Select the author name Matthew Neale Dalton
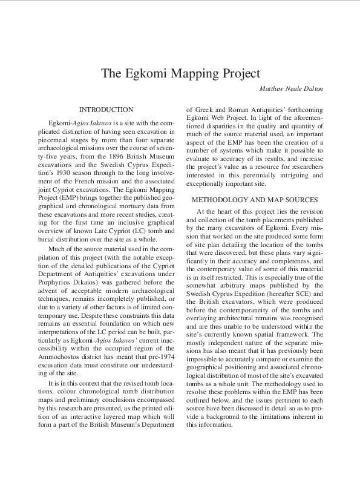point(291,88)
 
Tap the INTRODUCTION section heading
point(106,110)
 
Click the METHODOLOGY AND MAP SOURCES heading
point(255,199)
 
